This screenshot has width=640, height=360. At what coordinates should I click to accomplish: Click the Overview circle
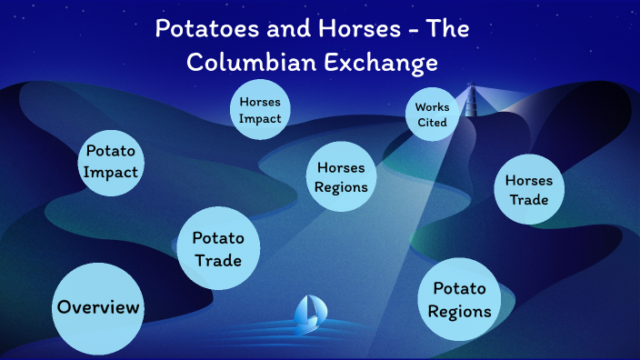[x=98, y=307]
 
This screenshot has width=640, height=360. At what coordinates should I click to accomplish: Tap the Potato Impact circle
[x=113, y=161]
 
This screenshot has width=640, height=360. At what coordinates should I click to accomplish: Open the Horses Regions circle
[x=342, y=177]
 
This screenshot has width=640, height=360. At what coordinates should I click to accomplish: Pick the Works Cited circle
[x=431, y=115]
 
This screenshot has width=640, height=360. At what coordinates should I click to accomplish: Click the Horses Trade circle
[x=529, y=190]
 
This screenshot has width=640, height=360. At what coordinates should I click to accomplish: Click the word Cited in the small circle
[x=431, y=123]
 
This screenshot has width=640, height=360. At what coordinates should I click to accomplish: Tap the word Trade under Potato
[x=218, y=261]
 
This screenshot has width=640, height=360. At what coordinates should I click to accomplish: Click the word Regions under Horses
[x=342, y=187]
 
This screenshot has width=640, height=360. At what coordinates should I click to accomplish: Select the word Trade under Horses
[x=529, y=200]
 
